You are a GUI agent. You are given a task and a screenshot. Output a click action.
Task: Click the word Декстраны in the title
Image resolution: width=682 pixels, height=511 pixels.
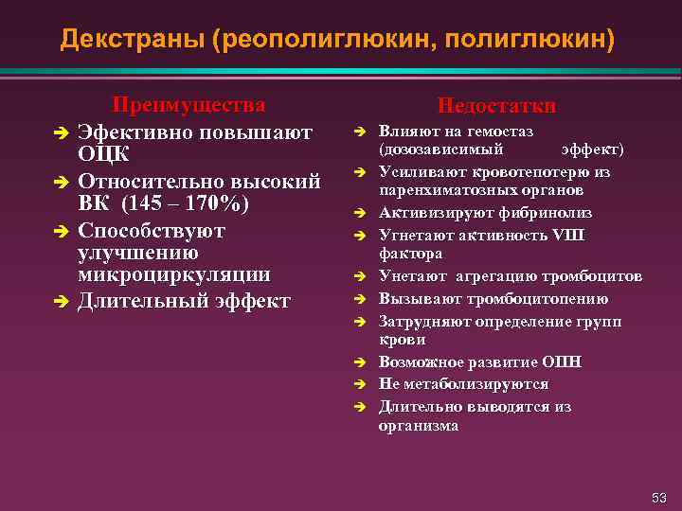tap(132, 39)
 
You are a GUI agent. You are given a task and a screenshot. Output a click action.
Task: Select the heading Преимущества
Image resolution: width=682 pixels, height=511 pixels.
tap(188, 104)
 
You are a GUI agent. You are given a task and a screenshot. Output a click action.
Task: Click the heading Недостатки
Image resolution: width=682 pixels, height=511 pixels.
tap(495, 106)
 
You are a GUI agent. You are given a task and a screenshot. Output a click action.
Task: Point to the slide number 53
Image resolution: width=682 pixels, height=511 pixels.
tap(659, 497)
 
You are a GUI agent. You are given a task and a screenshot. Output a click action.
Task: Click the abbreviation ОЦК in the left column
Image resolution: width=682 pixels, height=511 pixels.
tap(103, 154)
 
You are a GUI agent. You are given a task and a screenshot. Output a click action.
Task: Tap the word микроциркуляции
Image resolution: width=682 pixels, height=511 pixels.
tap(173, 275)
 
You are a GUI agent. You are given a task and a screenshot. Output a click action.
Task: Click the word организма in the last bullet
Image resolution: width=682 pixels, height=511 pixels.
tap(419, 426)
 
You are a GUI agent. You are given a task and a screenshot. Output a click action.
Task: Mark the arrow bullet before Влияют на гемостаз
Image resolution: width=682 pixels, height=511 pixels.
tap(361, 132)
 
